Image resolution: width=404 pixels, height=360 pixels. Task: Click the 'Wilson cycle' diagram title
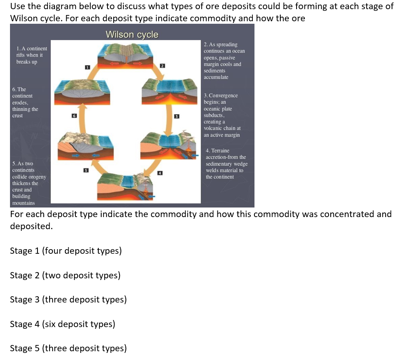point(132,35)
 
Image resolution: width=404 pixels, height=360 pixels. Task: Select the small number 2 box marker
point(163,66)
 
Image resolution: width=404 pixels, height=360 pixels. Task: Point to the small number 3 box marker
point(176,115)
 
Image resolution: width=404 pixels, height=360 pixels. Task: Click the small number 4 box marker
point(160,172)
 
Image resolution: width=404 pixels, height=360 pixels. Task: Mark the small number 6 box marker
point(74,116)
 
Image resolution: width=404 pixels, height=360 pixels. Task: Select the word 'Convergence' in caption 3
point(223,95)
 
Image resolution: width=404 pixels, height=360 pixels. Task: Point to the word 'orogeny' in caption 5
point(37,177)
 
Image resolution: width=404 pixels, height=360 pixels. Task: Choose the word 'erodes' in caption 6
point(20,102)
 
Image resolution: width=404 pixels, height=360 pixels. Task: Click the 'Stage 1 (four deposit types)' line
point(66,251)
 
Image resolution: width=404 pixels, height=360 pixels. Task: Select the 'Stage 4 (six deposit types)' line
point(62,324)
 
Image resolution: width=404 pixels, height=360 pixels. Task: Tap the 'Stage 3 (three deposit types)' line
point(68,300)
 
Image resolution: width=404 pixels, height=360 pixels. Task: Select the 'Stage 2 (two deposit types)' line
point(65,275)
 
